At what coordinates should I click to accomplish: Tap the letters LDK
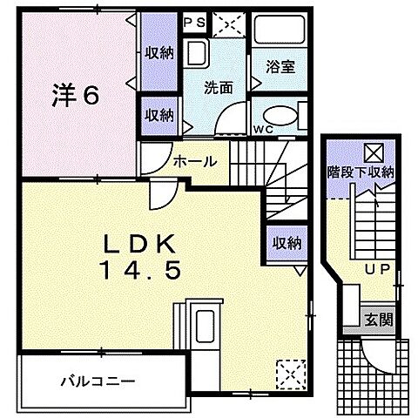point(144,243)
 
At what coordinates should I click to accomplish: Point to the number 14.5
point(144,271)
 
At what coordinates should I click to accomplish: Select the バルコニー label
point(97,381)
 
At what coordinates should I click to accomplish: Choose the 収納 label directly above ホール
point(159,115)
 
